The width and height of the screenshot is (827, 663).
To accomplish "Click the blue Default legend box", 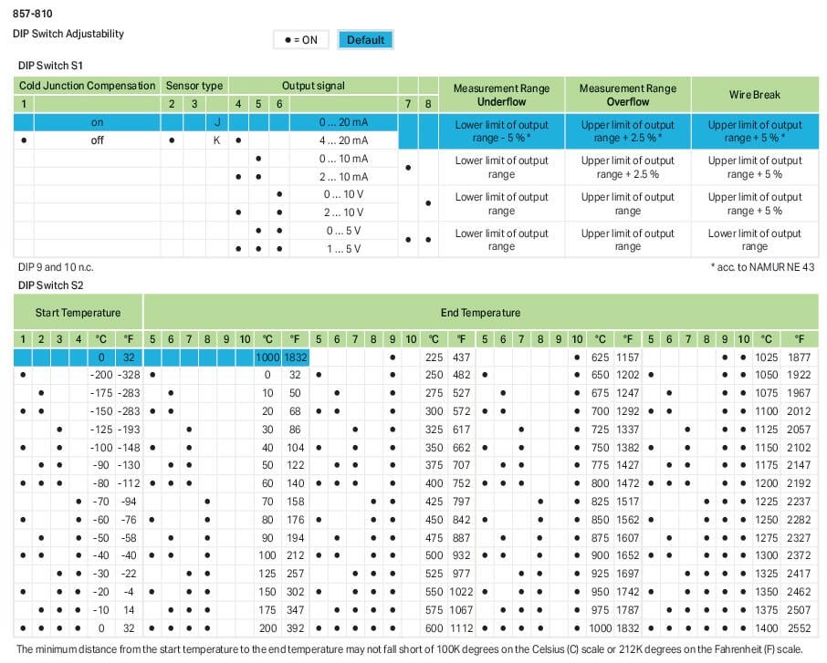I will pyautogui.click(x=365, y=40).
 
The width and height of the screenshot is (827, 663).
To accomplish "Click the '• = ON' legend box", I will pyautogui.click(x=301, y=40).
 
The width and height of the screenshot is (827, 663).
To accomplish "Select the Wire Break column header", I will pyautogui.click(x=754, y=95).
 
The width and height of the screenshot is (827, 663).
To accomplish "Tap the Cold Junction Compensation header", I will pyautogui.click(x=88, y=86).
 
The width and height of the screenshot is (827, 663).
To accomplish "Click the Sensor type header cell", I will pyautogui.click(x=194, y=86).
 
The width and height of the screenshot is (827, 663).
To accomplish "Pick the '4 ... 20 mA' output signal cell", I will pyautogui.click(x=345, y=140).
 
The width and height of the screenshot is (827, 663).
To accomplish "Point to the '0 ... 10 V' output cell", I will pyautogui.click(x=343, y=194).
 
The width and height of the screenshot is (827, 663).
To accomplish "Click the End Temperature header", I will pyautogui.click(x=480, y=313).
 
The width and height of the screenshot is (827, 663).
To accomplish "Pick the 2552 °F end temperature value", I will pyautogui.click(x=799, y=628).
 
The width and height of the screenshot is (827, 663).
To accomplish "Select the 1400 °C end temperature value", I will pyautogui.click(x=766, y=628).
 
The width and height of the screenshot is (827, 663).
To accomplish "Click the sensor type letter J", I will pyautogui.click(x=217, y=122).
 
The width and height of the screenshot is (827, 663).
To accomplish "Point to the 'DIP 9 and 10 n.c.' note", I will pyautogui.click(x=56, y=267).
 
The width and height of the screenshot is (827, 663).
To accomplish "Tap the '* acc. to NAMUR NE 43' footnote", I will pyautogui.click(x=763, y=267).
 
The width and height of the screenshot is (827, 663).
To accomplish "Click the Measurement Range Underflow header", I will pyautogui.click(x=501, y=95).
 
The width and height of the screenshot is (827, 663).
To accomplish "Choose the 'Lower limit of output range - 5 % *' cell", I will pyautogui.click(x=501, y=131).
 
